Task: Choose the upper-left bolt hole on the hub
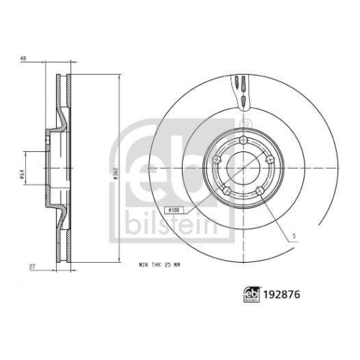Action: [217, 160]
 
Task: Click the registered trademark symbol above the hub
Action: [243, 130]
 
